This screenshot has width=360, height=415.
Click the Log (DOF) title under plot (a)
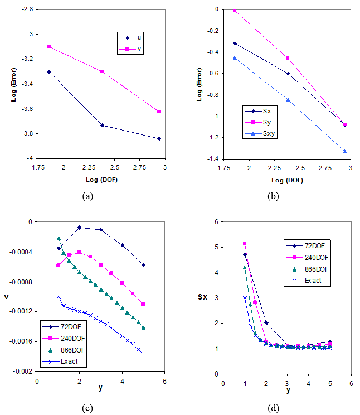pos(101,180)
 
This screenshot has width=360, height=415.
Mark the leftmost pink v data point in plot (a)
pos(50,46)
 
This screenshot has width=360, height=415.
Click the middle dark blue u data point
pos(102,125)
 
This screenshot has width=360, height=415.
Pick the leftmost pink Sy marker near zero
pos(235,11)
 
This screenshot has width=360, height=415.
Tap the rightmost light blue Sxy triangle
pos(345,151)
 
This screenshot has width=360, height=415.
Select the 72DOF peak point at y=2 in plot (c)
pos(80,228)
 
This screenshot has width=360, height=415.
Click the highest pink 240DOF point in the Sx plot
pos(245,244)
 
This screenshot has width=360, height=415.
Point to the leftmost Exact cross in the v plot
pos(59,297)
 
